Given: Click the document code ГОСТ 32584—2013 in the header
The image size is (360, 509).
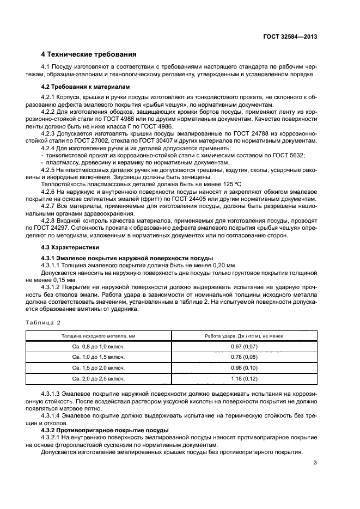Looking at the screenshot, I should point(290,36).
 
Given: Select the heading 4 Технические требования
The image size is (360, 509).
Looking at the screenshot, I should point(89,54).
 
